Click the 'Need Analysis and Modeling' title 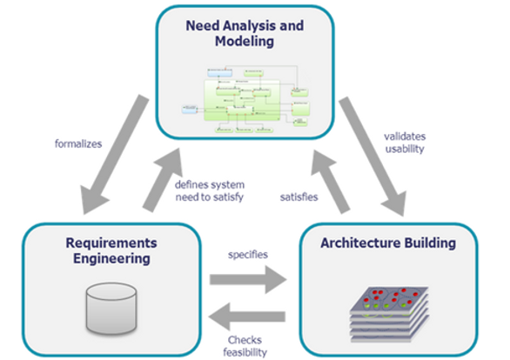(x=245, y=33)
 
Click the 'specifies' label (x=246, y=255)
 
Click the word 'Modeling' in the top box (x=245, y=41)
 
